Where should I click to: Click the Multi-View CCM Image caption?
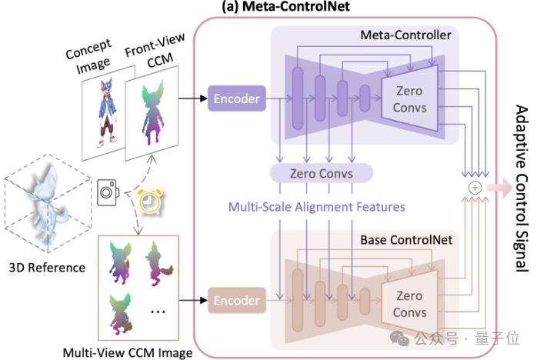click(128, 352)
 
